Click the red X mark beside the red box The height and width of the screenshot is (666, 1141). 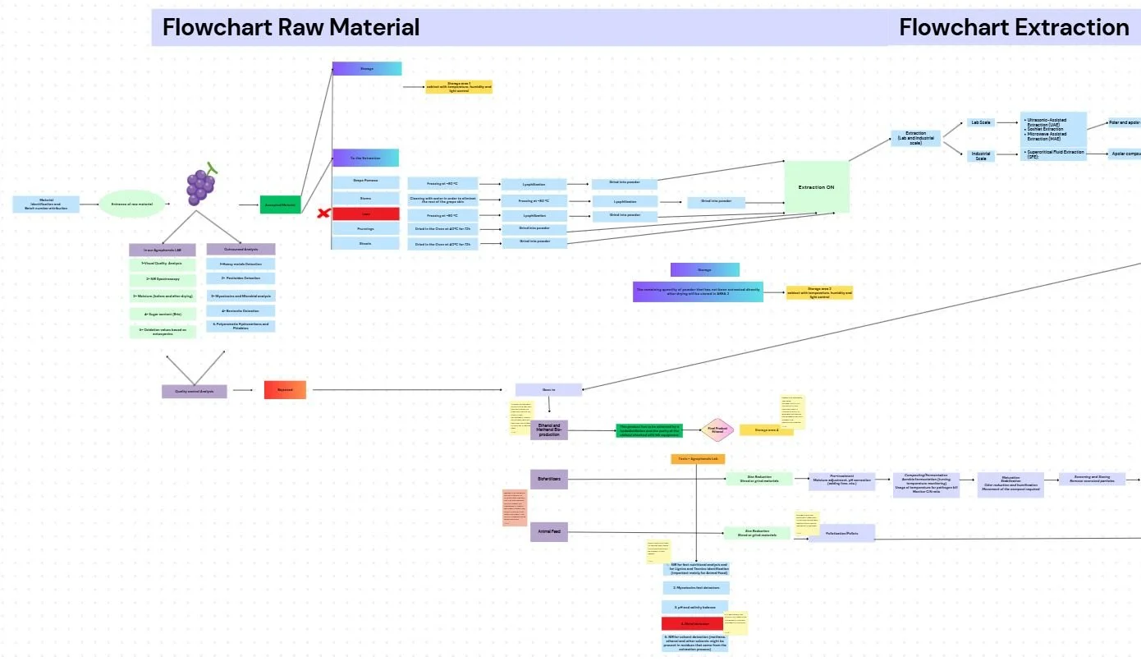[x=323, y=214]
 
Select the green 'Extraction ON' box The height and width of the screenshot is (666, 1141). [x=817, y=187]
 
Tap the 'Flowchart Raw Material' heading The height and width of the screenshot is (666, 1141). [x=291, y=27]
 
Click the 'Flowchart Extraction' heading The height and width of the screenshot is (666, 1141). [x=1013, y=27]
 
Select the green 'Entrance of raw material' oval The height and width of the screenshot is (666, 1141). [x=131, y=204]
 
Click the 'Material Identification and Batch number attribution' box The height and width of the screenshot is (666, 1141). [x=47, y=204]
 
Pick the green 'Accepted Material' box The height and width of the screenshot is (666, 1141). [x=281, y=205]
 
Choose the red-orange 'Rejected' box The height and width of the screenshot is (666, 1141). [x=285, y=390]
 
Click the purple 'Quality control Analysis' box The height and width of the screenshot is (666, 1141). [x=195, y=392]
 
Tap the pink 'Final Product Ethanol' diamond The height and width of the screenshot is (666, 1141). [x=717, y=429]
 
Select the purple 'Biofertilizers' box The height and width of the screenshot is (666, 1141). [x=548, y=480]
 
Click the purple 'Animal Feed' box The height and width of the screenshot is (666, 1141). [x=548, y=532]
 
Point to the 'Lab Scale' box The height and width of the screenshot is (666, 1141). [x=981, y=122]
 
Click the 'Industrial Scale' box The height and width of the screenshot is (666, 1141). [x=981, y=155]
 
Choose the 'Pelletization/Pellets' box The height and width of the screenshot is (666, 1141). [x=841, y=534]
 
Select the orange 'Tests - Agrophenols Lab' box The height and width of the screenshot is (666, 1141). [x=698, y=459]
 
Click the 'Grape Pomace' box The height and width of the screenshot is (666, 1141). [x=365, y=182]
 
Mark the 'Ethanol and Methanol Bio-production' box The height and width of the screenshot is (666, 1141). [x=548, y=429]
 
